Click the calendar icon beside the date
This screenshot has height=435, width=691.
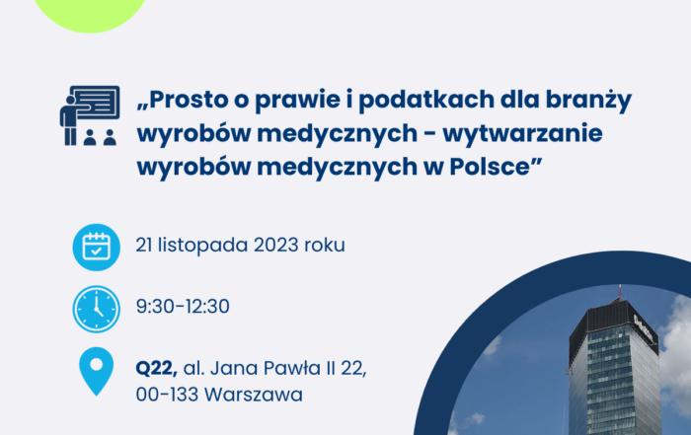pyautogui.click(x=97, y=247)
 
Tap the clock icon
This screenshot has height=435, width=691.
pyautogui.click(x=97, y=309)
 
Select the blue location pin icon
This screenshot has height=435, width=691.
pyautogui.click(x=97, y=371)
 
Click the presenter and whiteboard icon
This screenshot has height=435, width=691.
pyautogui.click(x=90, y=115)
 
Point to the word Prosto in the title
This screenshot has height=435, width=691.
pyautogui.click(x=189, y=100)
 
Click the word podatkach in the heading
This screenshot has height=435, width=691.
pyautogui.click(x=426, y=101)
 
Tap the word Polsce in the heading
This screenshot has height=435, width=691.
pyautogui.click(x=490, y=167)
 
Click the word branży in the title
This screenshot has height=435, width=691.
pyautogui.click(x=588, y=101)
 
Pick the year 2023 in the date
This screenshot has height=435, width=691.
pyautogui.click(x=275, y=245)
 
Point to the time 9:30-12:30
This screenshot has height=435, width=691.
pyautogui.click(x=183, y=307)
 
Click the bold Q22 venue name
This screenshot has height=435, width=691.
pyautogui.click(x=156, y=369)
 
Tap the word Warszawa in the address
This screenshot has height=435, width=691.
pyautogui.click(x=254, y=395)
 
